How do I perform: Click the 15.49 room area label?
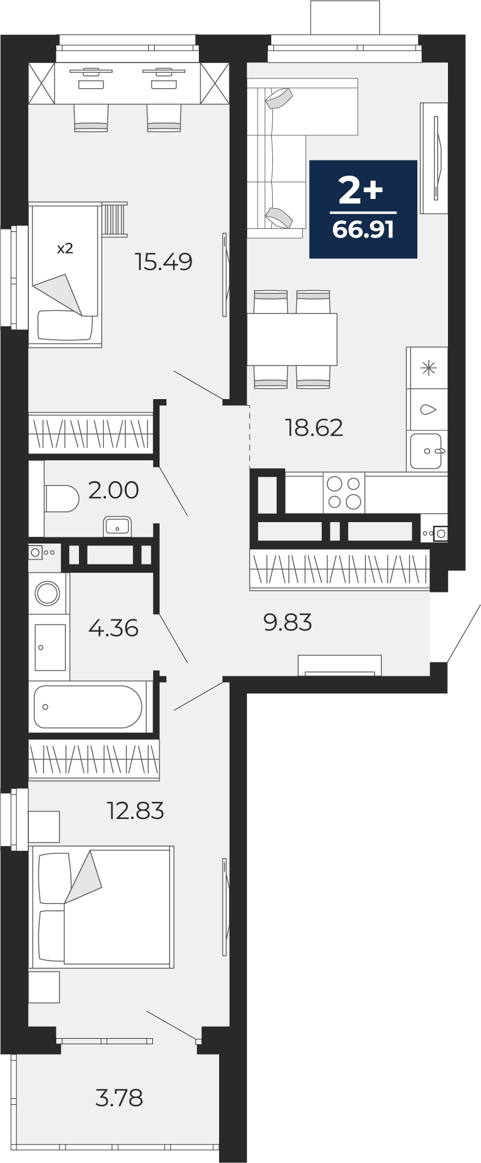[164, 262]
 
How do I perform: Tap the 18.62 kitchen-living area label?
[314, 427]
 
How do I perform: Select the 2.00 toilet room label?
[114, 490]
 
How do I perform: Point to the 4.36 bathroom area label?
[113, 627]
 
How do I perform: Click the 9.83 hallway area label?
[288, 623]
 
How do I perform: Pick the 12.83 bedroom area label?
[135, 810]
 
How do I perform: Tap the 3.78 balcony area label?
[119, 1098]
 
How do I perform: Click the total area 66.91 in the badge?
[363, 230]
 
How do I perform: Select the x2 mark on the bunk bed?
[65, 249]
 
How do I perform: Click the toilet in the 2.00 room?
[62, 498]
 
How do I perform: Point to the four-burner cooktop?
[344, 493]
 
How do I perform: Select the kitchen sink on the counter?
[427, 451]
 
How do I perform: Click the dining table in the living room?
[293, 339]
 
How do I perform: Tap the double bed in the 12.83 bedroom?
[103, 907]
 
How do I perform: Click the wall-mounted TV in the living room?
[436, 158]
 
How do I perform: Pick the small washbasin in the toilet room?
[117, 526]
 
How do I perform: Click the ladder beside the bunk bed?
[114, 219]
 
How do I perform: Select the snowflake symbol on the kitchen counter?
[428, 368]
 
